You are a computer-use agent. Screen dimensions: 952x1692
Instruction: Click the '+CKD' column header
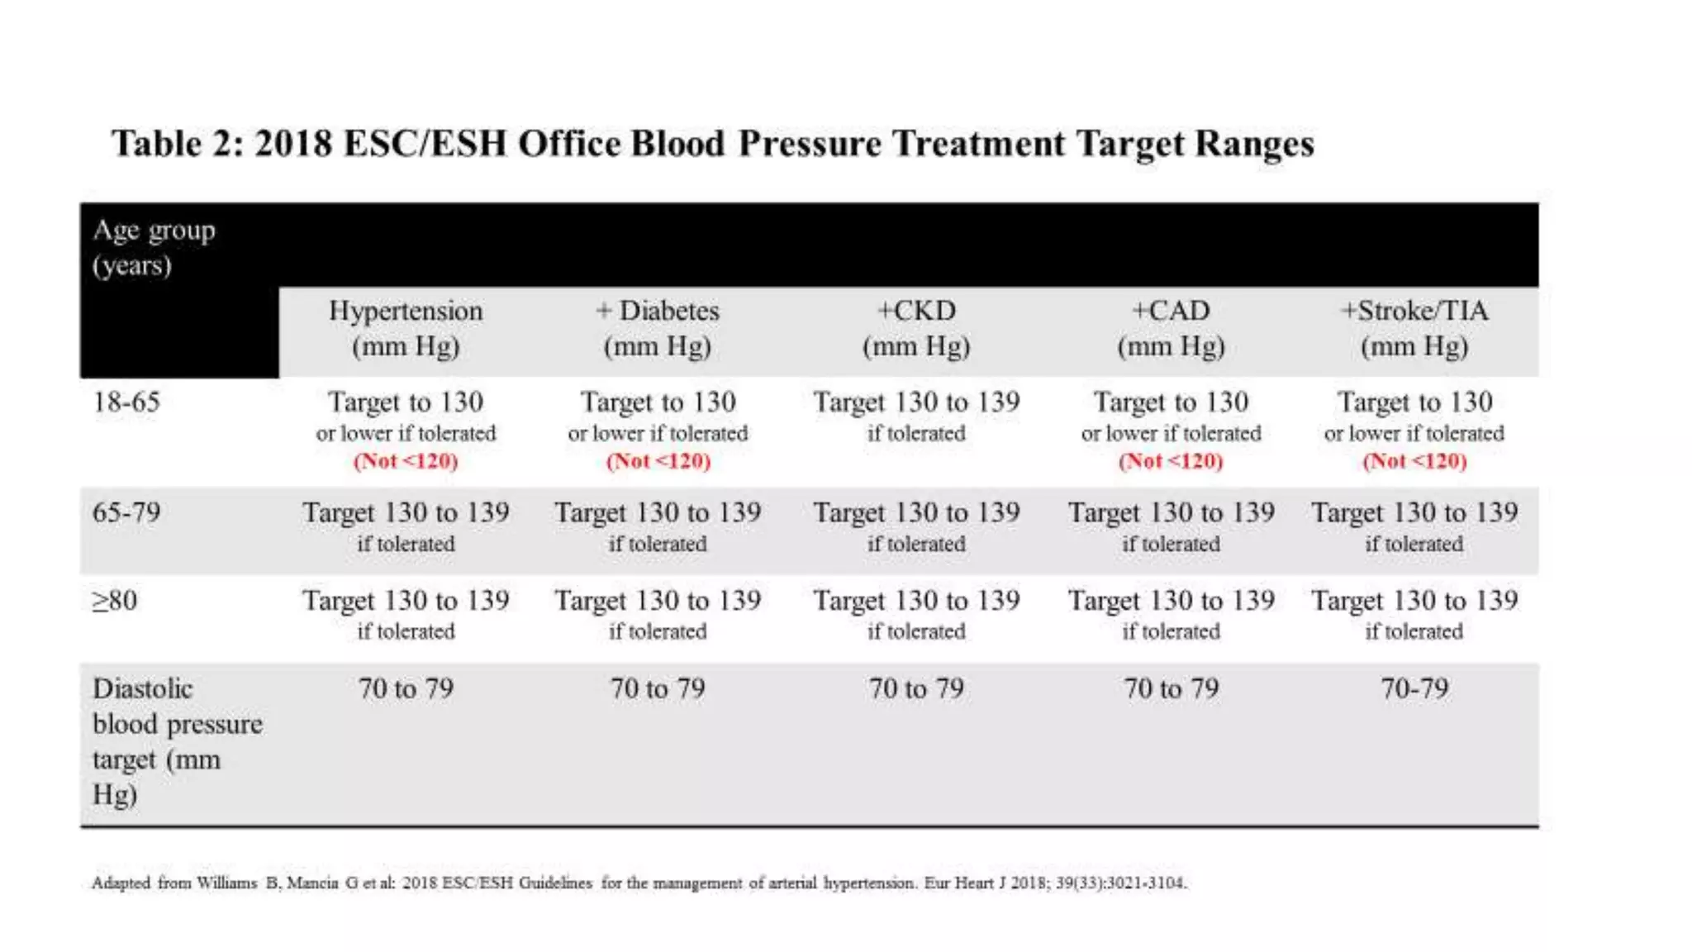[x=916, y=328]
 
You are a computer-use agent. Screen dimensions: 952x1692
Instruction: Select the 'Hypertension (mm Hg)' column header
[x=406, y=328]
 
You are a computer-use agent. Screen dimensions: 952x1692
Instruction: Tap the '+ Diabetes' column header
[x=658, y=328]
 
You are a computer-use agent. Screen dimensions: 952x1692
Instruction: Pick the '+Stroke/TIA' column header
[x=1414, y=328]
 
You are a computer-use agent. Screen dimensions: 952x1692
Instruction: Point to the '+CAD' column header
[x=1171, y=328]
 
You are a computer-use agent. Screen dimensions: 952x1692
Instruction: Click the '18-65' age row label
[x=126, y=402]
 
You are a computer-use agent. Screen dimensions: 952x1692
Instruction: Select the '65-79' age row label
[x=126, y=512]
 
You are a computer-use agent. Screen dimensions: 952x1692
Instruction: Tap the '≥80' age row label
[x=115, y=601]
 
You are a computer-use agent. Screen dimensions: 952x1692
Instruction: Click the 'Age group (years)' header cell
[x=154, y=247]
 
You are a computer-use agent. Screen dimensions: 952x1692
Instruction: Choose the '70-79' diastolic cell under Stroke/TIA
[x=1414, y=688]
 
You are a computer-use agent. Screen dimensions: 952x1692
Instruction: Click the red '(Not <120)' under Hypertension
[x=406, y=461]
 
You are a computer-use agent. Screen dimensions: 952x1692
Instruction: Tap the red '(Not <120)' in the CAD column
[x=1171, y=461]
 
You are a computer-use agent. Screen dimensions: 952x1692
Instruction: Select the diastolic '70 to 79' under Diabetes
[x=658, y=688]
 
